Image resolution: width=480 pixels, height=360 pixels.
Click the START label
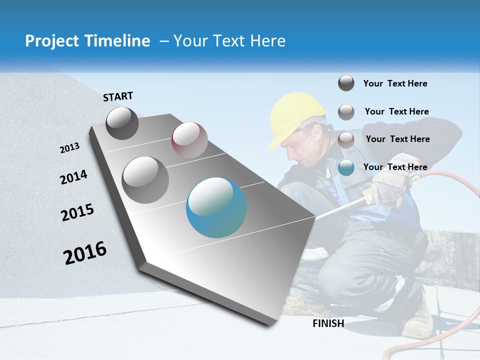tap(118, 96)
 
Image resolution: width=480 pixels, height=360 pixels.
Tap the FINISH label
tap(328, 323)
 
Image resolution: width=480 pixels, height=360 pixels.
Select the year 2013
tap(69, 148)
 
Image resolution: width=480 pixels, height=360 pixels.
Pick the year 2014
tap(73, 177)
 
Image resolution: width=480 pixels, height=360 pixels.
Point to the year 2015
tap(77, 212)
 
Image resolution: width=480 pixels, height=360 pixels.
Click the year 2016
tap(85, 252)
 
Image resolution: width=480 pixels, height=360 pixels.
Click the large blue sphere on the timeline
tap(216, 207)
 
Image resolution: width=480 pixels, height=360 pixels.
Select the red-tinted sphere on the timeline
tap(189, 140)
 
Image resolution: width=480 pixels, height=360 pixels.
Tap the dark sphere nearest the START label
tap(122, 123)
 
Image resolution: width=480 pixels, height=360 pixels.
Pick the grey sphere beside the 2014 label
tap(145, 179)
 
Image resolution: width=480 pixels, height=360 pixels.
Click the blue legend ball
tap(346, 168)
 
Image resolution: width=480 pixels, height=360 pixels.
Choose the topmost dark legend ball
tap(346, 83)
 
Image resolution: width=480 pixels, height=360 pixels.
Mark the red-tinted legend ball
tap(346, 139)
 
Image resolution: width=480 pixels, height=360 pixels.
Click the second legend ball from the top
tap(346, 112)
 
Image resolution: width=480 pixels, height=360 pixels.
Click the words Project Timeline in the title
tap(87, 41)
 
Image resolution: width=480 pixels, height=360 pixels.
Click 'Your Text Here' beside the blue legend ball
tap(395, 167)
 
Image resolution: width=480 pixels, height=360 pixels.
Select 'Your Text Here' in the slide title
tap(229, 41)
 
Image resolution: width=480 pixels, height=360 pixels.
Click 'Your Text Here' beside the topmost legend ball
tap(395, 83)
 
